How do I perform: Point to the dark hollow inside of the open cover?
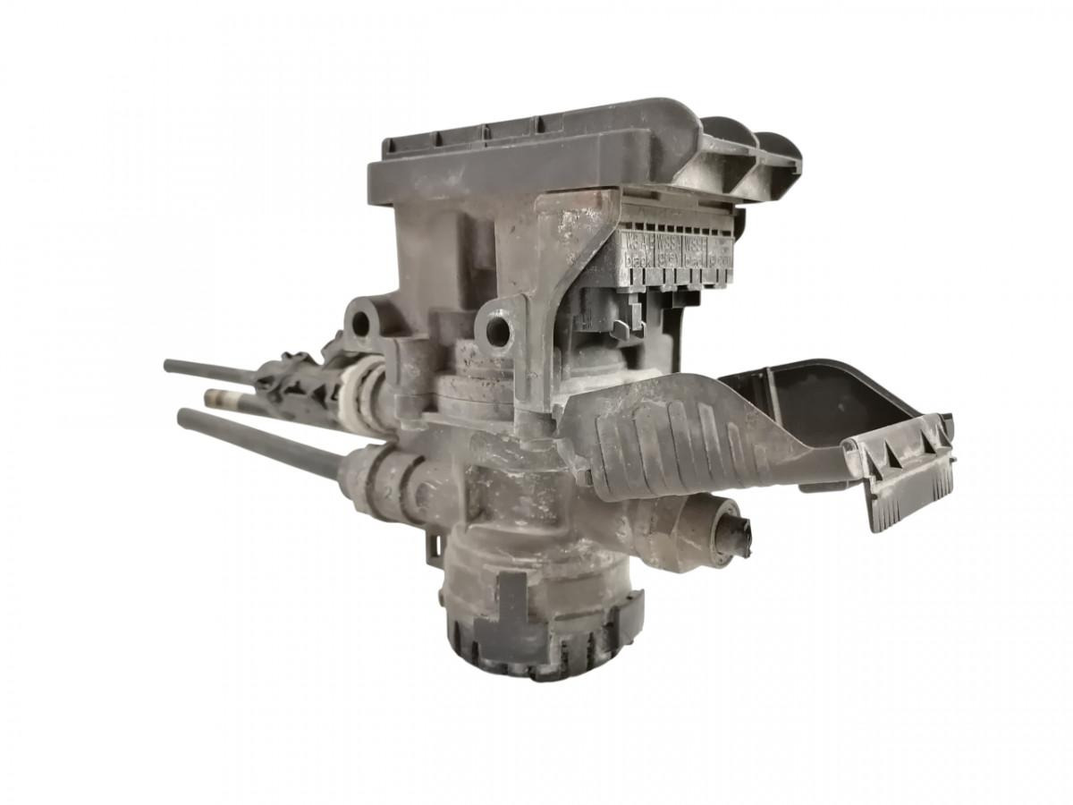[x=805, y=402]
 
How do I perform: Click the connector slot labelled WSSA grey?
[x=668, y=251]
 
